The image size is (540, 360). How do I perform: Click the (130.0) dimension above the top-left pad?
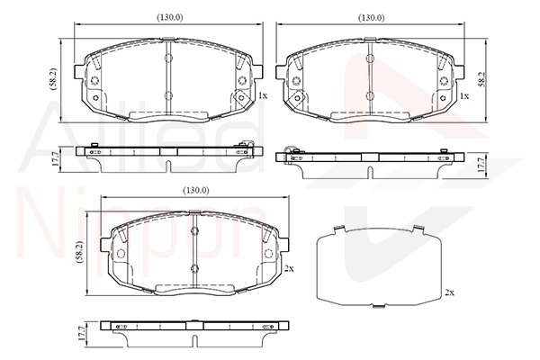tap(170, 18)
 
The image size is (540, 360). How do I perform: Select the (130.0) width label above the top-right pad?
tap(372, 18)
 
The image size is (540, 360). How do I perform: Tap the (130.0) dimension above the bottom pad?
tap(195, 190)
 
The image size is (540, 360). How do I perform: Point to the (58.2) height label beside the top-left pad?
tap(53, 79)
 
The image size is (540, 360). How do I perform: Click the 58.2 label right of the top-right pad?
tap(482, 79)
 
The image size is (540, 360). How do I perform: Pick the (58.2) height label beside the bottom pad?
tap(79, 252)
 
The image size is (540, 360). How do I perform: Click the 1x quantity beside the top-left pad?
tap(263, 95)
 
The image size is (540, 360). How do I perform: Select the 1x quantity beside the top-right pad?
tap(464, 95)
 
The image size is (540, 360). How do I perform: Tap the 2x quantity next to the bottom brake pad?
tap(289, 268)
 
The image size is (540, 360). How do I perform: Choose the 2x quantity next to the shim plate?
tap(449, 292)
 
